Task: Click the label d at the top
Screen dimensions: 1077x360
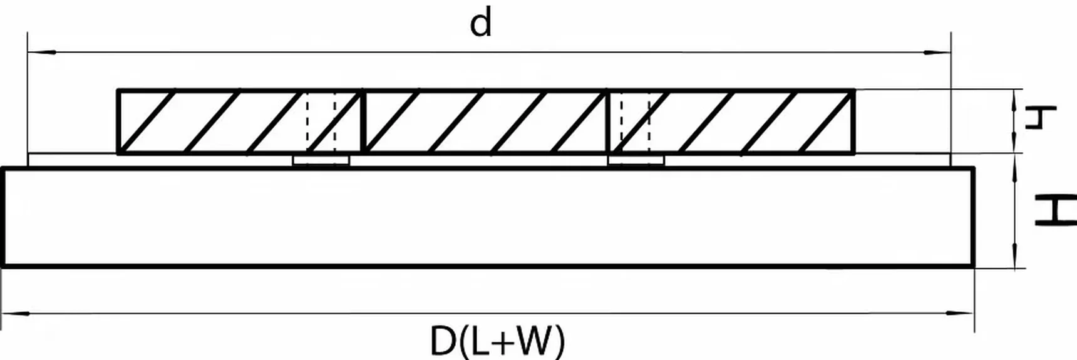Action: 480,24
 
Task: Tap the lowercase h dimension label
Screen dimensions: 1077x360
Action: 1039,117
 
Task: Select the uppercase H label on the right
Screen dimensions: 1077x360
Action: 1054,211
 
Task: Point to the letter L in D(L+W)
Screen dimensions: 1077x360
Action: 475,341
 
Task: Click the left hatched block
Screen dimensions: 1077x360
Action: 239,121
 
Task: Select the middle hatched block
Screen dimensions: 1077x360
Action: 485,121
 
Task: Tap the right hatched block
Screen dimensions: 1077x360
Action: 731,121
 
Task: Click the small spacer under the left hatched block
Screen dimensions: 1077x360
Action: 321,161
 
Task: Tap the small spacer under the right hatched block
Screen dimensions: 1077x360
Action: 636,161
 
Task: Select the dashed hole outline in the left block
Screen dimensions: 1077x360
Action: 321,121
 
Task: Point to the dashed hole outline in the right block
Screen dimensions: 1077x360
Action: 635,121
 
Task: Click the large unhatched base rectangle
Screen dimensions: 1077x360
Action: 488,217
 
